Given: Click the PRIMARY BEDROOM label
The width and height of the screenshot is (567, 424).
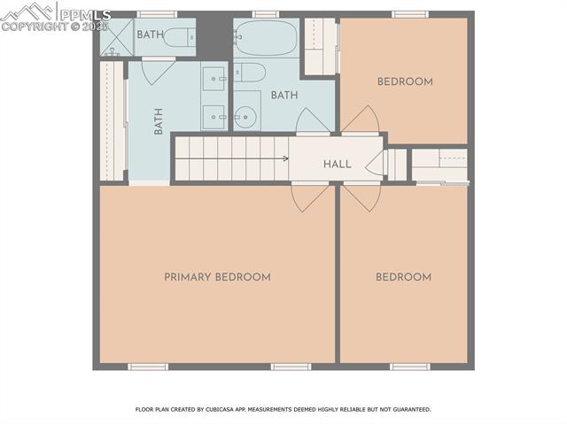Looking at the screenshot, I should point(217,277).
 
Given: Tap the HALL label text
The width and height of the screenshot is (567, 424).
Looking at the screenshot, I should point(337,165).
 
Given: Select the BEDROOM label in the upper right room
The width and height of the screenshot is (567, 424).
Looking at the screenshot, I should point(405,82).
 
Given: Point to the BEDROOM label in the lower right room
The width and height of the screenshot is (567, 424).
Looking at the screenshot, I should point(403,277).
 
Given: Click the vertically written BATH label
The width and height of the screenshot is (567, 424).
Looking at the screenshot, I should point(159,120).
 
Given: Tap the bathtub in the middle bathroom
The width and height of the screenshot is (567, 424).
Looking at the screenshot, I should point(267,38).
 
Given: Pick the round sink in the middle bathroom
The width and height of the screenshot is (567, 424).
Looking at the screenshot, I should point(245,115).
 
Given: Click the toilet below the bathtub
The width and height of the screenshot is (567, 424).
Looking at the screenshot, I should point(249,72).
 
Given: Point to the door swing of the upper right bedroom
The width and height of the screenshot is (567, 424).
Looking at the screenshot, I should point(361,120).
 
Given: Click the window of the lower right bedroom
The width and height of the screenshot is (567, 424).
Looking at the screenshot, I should point(409,366).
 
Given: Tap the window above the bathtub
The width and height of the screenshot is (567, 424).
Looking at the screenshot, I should point(265,14).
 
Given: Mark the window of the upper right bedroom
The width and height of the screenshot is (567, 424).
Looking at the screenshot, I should point(410,14).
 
